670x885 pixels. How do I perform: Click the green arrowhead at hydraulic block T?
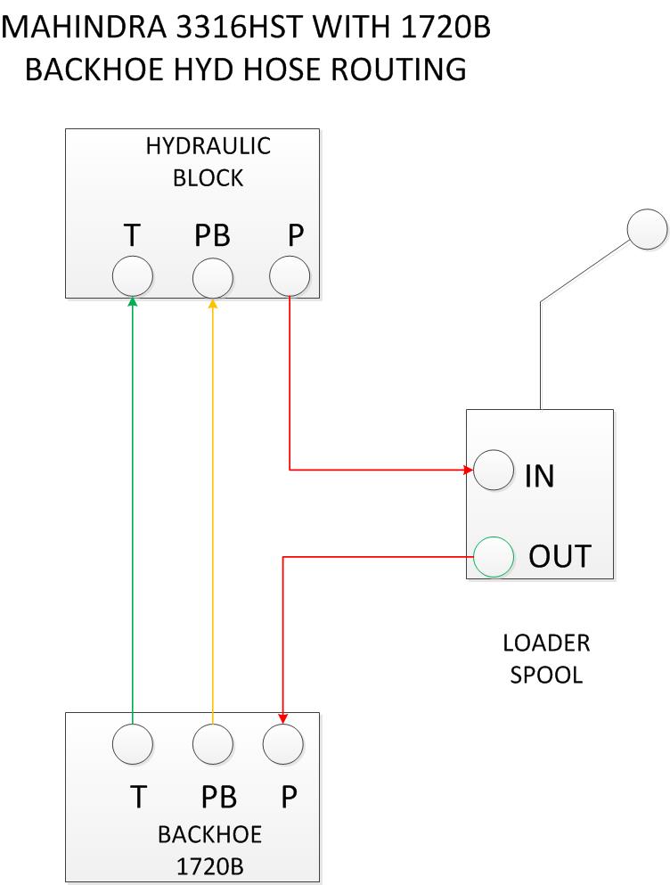coord(133,301)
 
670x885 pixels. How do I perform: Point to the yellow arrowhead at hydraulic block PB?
coord(213,303)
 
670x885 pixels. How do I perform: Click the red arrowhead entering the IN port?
coord(469,470)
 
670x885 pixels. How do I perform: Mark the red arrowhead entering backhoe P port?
coord(282,718)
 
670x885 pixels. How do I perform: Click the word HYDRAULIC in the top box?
coord(208,146)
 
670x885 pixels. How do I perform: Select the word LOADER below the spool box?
coord(546,643)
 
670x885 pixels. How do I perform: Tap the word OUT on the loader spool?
coord(560,556)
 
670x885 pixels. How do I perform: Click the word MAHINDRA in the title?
coord(85,27)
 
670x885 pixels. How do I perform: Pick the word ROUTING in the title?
coord(398,70)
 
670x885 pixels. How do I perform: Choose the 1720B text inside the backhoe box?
coord(209,866)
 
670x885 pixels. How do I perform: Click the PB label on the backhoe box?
coord(218,797)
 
